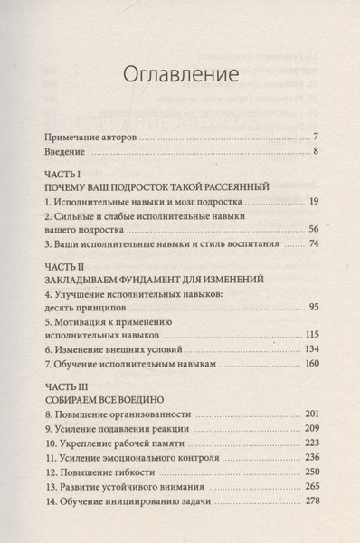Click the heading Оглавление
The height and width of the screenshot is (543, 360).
click(x=179, y=72)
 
